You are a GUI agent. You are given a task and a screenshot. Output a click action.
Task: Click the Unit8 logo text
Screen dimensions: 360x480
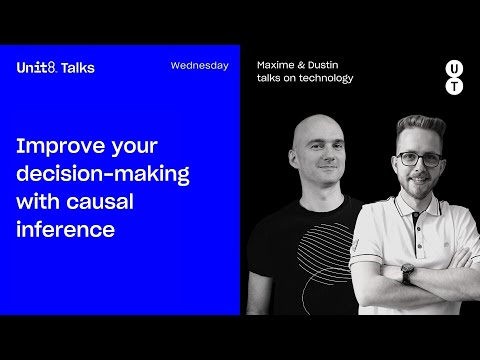37,67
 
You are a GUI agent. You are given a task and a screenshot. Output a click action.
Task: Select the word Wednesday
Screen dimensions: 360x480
199,66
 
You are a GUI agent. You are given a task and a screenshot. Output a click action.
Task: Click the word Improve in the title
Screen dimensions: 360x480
54,146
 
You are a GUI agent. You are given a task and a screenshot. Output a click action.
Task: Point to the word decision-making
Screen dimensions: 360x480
102,173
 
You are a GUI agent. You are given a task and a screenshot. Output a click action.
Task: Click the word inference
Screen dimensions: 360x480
65,229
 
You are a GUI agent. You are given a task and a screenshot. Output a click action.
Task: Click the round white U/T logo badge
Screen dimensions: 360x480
453,78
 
